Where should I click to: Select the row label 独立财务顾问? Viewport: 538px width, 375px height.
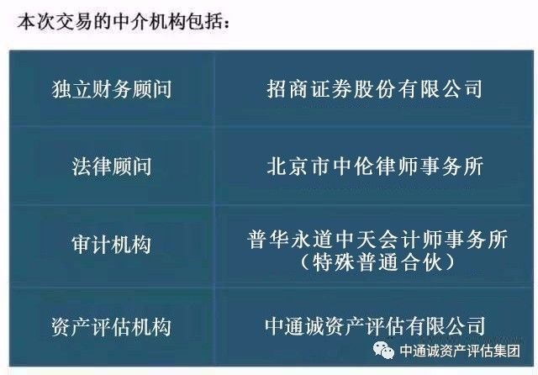(x=112, y=89)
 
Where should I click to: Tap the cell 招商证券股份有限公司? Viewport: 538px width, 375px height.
(x=375, y=89)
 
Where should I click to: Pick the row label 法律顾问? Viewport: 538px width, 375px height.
(x=112, y=166)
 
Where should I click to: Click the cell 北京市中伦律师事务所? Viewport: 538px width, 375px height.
(x=375, y=166)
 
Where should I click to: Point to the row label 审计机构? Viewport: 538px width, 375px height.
(x=112, y=245)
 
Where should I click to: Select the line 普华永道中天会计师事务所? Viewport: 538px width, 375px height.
(x=377, y=239)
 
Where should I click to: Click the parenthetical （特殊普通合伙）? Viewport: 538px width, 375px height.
(x=377, y=262)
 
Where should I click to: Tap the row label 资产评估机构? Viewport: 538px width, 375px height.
(x=112, y=326)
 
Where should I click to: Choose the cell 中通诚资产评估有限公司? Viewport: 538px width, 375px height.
(x=375, y=325)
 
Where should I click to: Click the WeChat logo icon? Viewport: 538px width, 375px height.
(x=384, y=350)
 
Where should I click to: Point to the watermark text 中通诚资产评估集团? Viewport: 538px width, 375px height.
(x=460, y=351)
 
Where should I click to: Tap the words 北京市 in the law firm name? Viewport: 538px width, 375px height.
(x=299, y=166)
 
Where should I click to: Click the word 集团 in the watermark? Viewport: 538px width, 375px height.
(x=507, y=351)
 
